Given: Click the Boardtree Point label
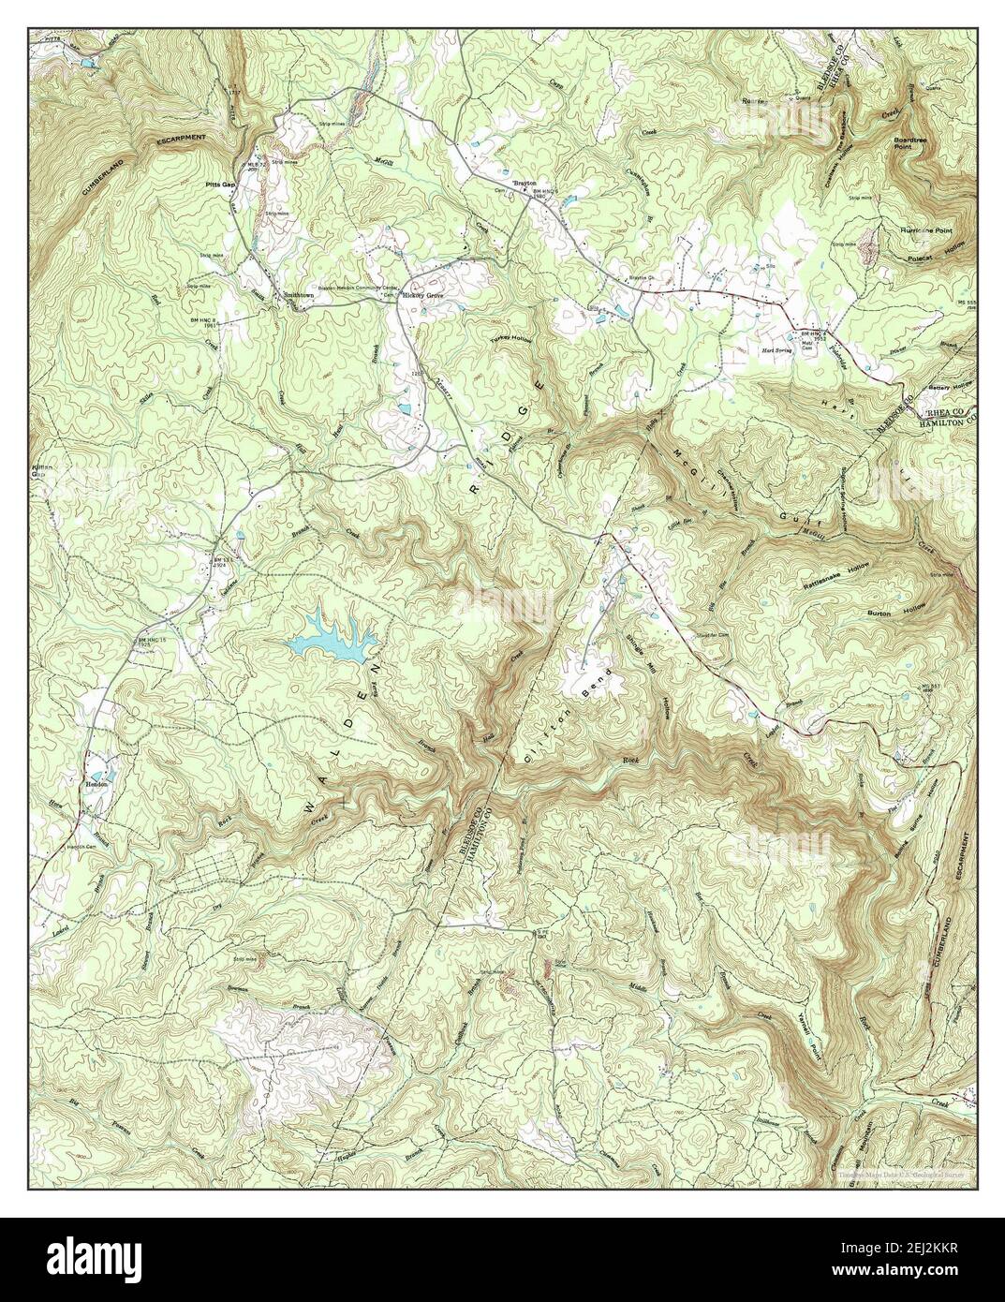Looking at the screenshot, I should click(902, 141).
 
